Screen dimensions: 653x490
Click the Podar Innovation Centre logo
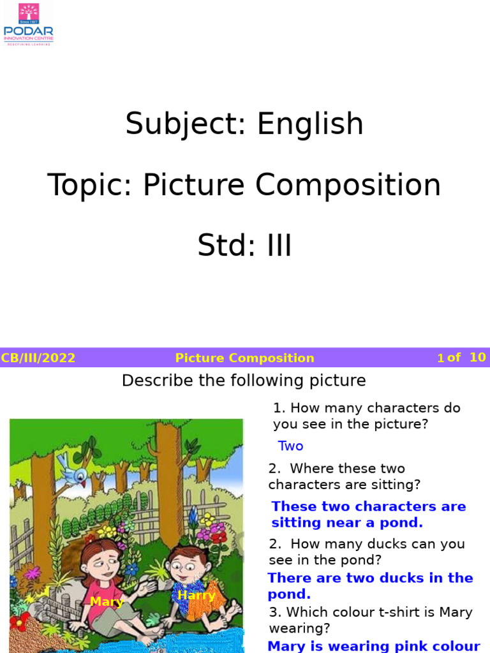click(29, 24)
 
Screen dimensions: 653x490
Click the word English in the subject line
click(310, 124)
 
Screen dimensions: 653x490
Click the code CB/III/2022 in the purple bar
click(38, 358)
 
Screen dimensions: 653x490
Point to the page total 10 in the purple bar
click(477, 357)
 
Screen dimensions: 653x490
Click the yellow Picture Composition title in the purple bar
click(244, 358)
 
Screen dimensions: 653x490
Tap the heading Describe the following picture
click(244, 381)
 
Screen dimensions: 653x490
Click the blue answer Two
click(290, 446)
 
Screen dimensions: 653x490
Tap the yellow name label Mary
click(106, 601)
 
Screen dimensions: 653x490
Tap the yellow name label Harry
click(196, 596)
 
